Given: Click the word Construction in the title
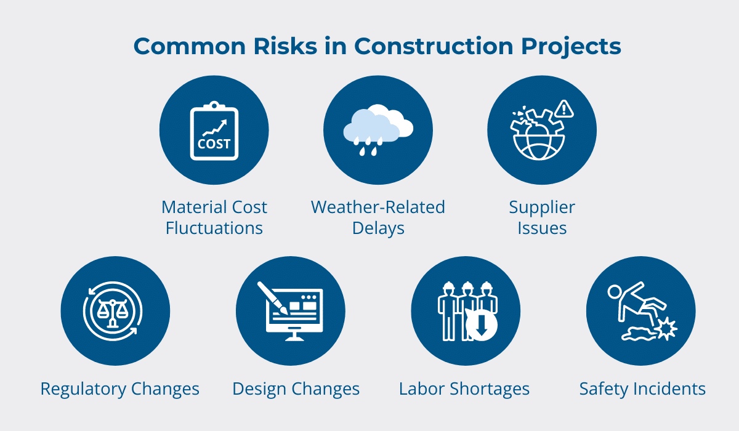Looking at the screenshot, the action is [434, 46].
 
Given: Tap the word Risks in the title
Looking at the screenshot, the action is [285, 46].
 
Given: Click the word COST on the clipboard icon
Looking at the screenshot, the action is [214, 144].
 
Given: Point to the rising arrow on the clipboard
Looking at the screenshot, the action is [215, 127].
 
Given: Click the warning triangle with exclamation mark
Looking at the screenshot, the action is [564, 108].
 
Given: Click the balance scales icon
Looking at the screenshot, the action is [112, 313].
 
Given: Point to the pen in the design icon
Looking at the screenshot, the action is [272, 298].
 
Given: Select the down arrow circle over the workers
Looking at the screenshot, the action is [481, 325].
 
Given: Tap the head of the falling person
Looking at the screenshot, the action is [615, 292].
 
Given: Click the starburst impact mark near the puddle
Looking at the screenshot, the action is [666, 328].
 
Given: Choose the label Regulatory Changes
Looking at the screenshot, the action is [119, 389].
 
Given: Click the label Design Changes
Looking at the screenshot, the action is [296, 389].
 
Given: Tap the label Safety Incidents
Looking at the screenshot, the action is [643, 389].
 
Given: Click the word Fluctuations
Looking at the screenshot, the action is [214, 228].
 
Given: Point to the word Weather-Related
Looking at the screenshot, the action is [378, 207].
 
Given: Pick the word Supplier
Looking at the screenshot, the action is [542, 207].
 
